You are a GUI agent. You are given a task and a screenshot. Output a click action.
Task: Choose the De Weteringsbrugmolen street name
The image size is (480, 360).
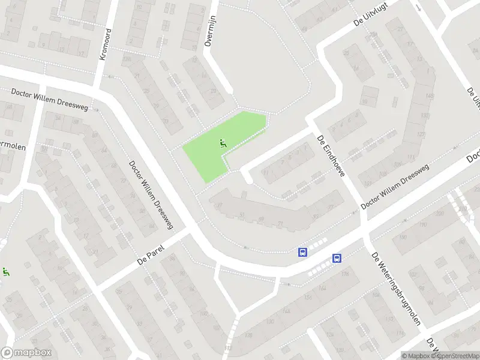coord(396,289)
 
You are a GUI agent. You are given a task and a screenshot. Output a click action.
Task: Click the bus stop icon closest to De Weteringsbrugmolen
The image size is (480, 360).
coord(337,259)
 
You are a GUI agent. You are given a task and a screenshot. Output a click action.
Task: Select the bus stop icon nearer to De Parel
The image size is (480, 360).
coord(303,252)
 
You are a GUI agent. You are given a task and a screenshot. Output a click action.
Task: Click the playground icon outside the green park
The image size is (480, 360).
coord(6,272)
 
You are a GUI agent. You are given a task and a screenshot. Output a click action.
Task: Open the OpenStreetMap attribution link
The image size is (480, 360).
coord(457,356)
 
